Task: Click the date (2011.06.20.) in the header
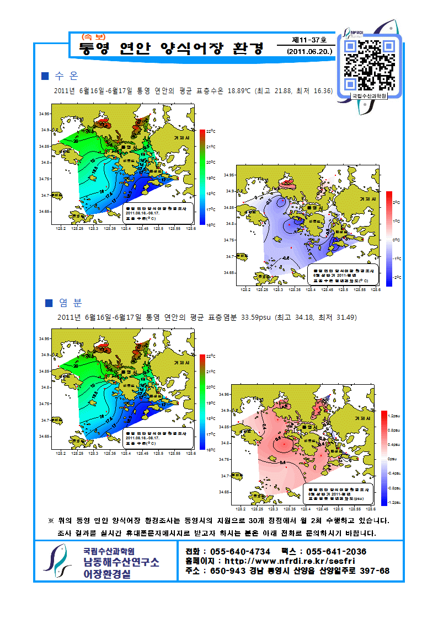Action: [310, 51]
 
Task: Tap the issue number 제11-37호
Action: [309, 40]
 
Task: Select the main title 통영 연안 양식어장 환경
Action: [172, 48]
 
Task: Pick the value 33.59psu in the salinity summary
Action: [243, 317]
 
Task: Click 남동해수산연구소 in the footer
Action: [121, 562]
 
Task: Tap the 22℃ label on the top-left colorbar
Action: [210, 131]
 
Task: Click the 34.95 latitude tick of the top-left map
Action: [44, 114]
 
